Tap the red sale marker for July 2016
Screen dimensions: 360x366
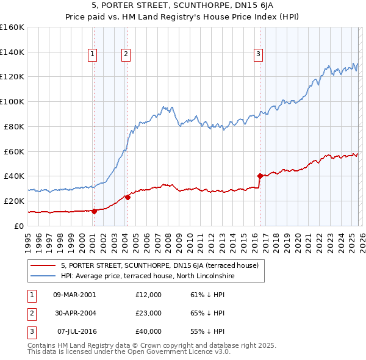260,176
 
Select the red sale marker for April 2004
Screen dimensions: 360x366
128,197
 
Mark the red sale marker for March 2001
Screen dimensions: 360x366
95,211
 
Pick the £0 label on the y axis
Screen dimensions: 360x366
19,226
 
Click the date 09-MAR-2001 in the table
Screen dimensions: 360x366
74,295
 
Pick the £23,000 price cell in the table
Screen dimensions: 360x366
149,313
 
